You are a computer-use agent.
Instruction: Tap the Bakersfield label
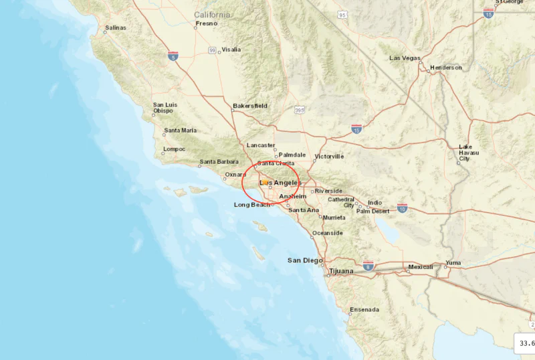click(x=250, y=106)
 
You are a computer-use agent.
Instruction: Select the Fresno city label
click(x=206, y=23)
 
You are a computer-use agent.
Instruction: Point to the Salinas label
click(x=115, y=29)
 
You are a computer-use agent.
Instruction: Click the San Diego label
click(x=305, y=260)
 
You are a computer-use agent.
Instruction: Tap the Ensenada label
click(x=364, y=309)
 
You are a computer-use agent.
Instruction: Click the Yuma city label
click(x=453, y=262)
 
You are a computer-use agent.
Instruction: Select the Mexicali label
click(x=421, y=267)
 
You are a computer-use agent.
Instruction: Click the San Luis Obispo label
click(x=165, y=108)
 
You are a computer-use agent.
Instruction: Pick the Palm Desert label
click(x=372, y=211)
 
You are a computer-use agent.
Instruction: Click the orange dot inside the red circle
click(x=265, y=182)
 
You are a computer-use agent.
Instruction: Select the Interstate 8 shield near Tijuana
click(x=368, y=266)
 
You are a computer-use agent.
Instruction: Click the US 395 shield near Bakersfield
click(x=299, y=110)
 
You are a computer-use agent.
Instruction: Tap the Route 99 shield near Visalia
click(x=212, y=50)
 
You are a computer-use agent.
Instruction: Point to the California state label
click(x=212, y=15)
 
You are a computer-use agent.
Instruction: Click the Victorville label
click(x=329, y=157)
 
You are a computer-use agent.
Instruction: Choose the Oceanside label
click(x=328, y=233)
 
